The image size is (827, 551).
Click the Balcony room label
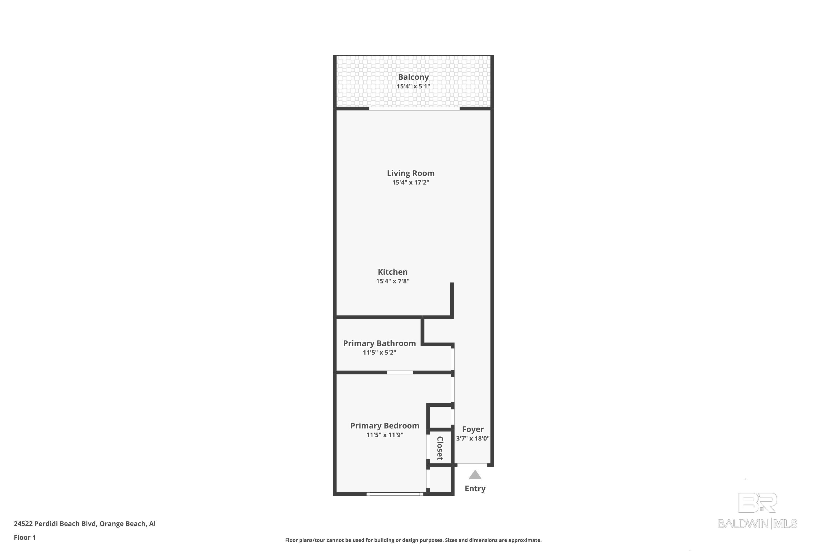tap(413, 77)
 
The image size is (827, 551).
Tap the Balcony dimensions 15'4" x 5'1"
tap(413, 86)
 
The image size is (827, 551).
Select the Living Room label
tap(410, 173)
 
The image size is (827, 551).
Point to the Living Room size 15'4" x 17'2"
tap(410, 182)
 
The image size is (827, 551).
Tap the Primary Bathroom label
tap(379, 343)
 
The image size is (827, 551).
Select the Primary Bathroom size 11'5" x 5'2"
tap(379, 352)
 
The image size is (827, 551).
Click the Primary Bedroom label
tap(384, 426)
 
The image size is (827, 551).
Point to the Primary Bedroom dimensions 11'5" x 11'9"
tap(384, 435)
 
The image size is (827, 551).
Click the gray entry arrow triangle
tap(475, 475)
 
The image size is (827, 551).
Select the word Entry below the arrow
tap(475, 488)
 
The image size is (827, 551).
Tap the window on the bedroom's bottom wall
tap(394, 494)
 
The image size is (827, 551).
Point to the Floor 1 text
tap(25, 537)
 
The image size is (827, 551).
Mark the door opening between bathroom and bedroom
tap(399, 372)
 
